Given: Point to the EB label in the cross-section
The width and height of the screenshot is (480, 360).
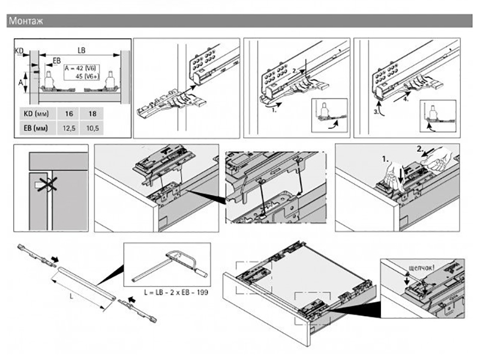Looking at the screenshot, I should click(x=56, y=61).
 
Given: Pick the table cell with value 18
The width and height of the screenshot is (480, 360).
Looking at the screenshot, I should click(x=92, y=113).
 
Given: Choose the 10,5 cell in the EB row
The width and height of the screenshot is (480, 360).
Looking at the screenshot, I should click(x=92, y=128).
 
